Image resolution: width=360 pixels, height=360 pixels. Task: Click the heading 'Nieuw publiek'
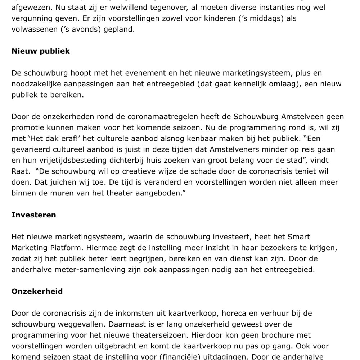point(41,51)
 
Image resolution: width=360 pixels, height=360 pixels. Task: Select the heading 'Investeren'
point(34,215)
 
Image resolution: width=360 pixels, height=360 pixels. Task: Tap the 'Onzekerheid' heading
point(37,291)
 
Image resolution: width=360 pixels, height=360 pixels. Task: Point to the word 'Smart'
point(298,237)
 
